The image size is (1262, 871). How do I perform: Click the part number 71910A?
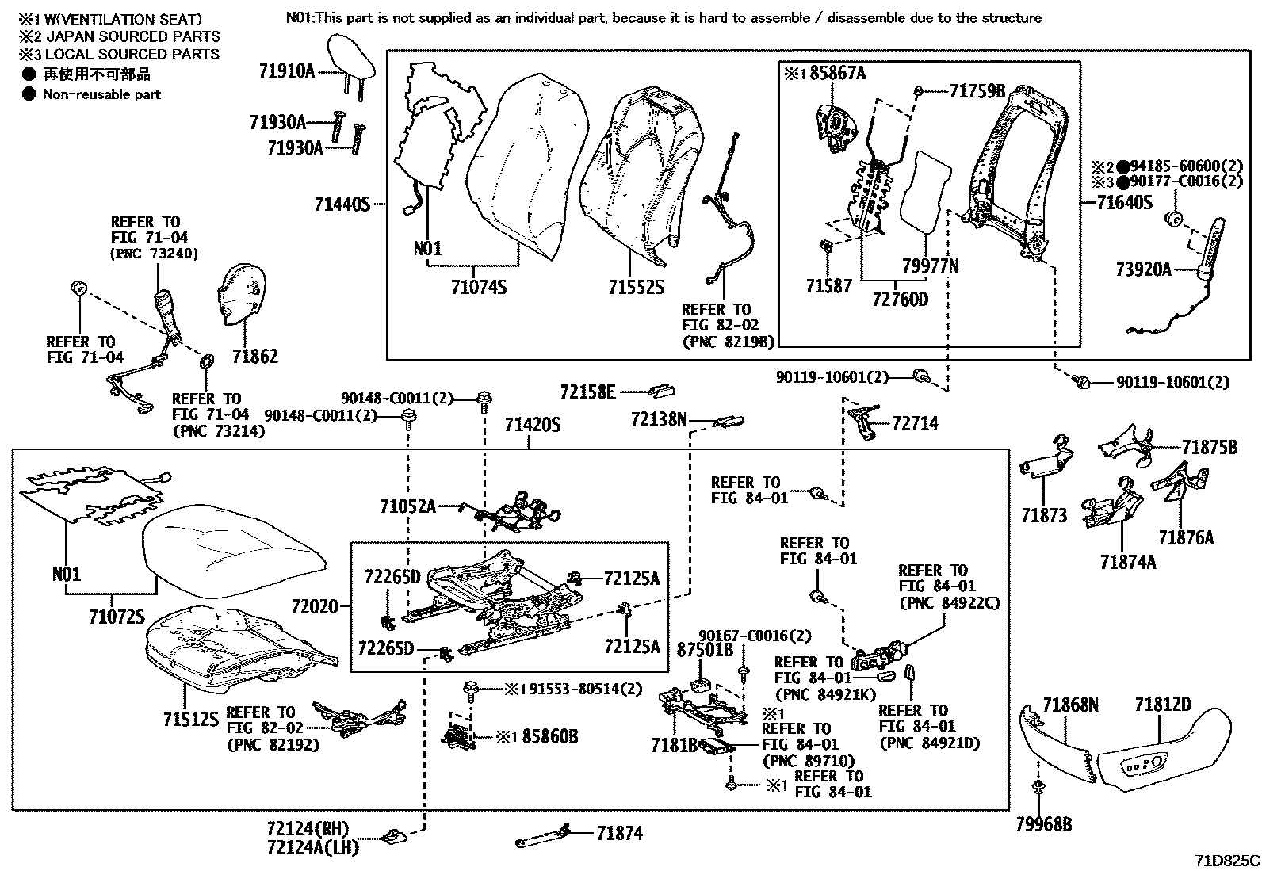click(286, 71)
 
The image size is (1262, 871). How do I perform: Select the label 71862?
click(255, 357)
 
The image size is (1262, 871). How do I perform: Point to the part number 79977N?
click(930, 266)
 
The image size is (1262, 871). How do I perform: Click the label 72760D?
click(900, 300)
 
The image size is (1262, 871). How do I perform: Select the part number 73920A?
click(1143, 269)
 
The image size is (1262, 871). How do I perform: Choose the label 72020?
click(315, 607)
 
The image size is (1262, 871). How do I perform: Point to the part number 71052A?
click(407, 506)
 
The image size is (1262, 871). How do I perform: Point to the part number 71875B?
click(1209, 448)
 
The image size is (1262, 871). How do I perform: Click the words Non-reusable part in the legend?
click(101, 94)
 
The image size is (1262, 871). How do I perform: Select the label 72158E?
click(587, 392)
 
